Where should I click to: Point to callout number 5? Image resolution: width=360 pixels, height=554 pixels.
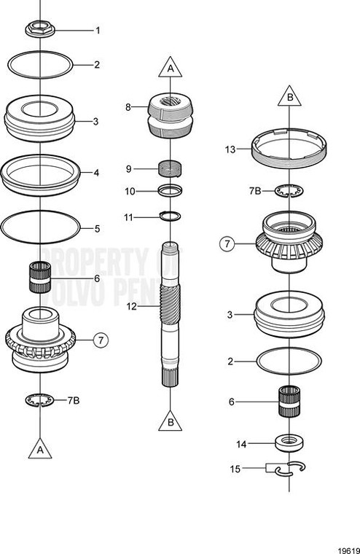(x=96, y=229)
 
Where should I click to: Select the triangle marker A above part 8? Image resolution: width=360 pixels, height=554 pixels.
(x=170, y=68)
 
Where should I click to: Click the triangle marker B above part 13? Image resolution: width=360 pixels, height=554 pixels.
(x=289, y=96)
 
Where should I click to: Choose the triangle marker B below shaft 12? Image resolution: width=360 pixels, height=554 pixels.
(x=170, y=422)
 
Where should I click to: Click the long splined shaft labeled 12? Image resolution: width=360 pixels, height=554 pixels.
(x=170, y=313)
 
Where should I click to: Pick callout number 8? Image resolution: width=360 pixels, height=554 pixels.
(x=128, y=106)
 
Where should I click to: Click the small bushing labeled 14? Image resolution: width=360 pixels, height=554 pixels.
(x=289, y=442)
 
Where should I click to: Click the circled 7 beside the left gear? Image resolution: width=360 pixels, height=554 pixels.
(x=101, y=339)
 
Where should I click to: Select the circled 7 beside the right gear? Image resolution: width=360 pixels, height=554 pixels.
(x=227, y=243)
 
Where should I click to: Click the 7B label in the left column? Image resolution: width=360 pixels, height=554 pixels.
(x=73, y=400)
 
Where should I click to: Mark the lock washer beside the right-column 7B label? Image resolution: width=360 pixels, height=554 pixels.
(x=289, y=191)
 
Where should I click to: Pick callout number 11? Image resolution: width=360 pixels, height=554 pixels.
(x=128, y=217)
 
